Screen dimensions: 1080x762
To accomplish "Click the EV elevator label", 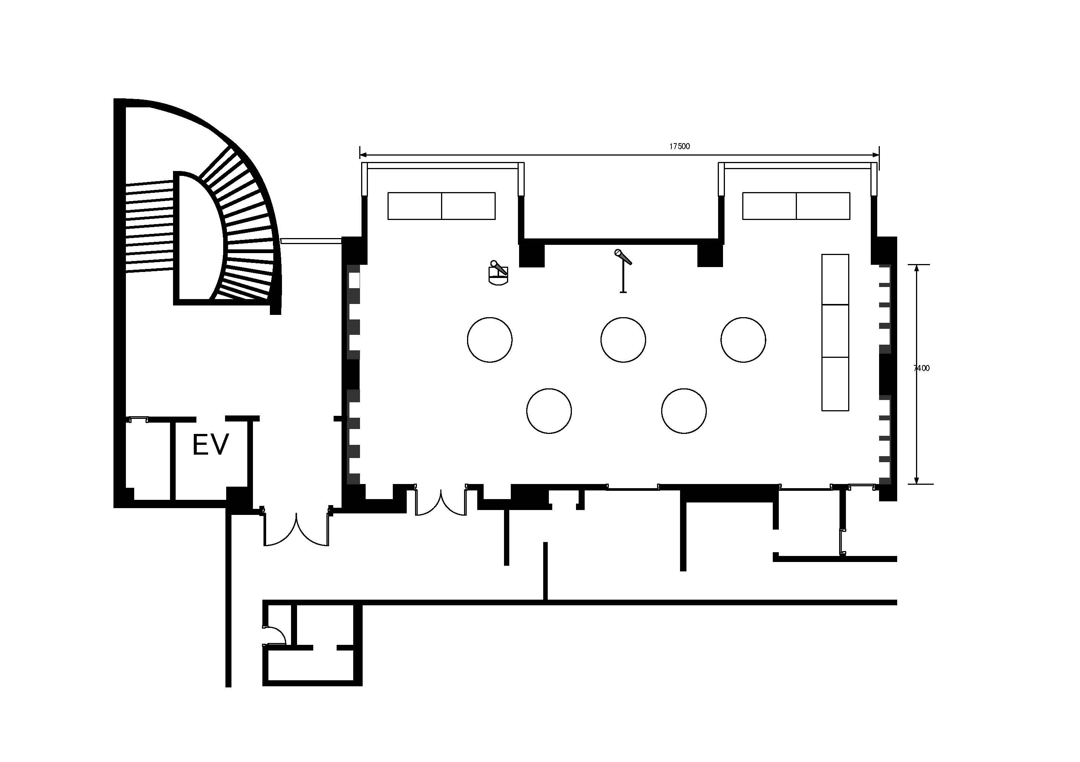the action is click(210, 445).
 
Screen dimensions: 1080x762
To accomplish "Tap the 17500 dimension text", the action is click(679, 146).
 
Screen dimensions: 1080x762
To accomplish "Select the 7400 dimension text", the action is click(921, 368).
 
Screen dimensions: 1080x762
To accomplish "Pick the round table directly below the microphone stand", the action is click(623, 339).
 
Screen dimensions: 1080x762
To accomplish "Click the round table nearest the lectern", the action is click(490, 339).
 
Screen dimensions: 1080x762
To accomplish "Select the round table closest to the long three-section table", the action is click(743, 339).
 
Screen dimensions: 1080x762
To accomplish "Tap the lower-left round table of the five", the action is click(549, 411).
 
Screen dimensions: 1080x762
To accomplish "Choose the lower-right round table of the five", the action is click(683, 411).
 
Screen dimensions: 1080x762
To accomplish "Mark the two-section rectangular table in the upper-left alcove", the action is click(441, 206).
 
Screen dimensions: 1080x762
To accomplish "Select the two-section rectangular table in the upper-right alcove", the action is click(796, 206).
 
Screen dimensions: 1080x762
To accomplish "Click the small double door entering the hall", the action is click(441, 501).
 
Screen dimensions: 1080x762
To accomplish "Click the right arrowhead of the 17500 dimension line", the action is click(876, 155).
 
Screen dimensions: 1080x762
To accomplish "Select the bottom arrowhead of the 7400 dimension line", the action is click(916, 480).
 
